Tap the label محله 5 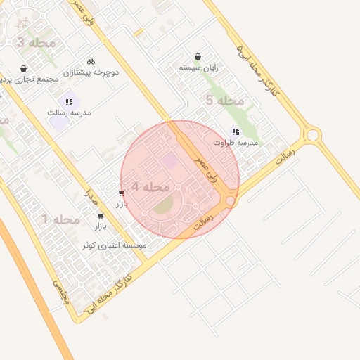click(x=224, y=101)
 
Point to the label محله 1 click(x=60, y=220)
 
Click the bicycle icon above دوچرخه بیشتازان click(x=91, y=61)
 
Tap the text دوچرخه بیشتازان click(x=91, y=72)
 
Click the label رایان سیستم click(x=198, y=68)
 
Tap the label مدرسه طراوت click(x=236, y=143)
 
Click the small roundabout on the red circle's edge click(x=230, y=202)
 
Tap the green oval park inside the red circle click(x=162, y=205)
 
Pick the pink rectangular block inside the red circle click(x=170, y=162)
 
